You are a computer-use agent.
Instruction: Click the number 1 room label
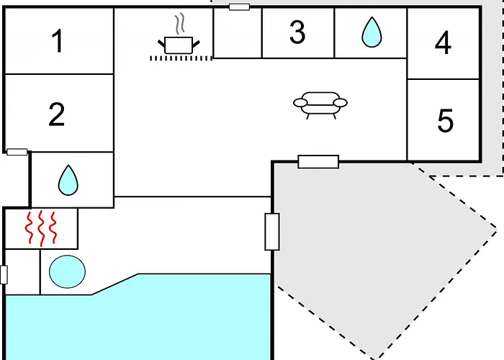[58, 42]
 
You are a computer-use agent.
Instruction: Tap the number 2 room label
[57, 114]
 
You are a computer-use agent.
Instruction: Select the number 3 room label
[297, 32]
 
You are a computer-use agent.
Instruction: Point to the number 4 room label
[443, 44]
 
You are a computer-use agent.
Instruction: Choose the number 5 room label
[446, 120]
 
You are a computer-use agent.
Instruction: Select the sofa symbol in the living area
[320, 103]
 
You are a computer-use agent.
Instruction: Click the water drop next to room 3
[371, 32]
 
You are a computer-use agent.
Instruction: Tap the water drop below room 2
[68, 179]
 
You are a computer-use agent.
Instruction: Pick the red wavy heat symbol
[41, 228]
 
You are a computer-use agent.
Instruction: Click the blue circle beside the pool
[67, 271]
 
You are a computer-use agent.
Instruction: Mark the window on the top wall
[238, 6]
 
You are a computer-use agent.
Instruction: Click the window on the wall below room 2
[17, 152]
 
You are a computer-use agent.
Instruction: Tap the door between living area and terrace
[318, 161]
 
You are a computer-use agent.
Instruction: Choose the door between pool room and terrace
[271, 232]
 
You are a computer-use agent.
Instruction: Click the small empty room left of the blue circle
[22, 271]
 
